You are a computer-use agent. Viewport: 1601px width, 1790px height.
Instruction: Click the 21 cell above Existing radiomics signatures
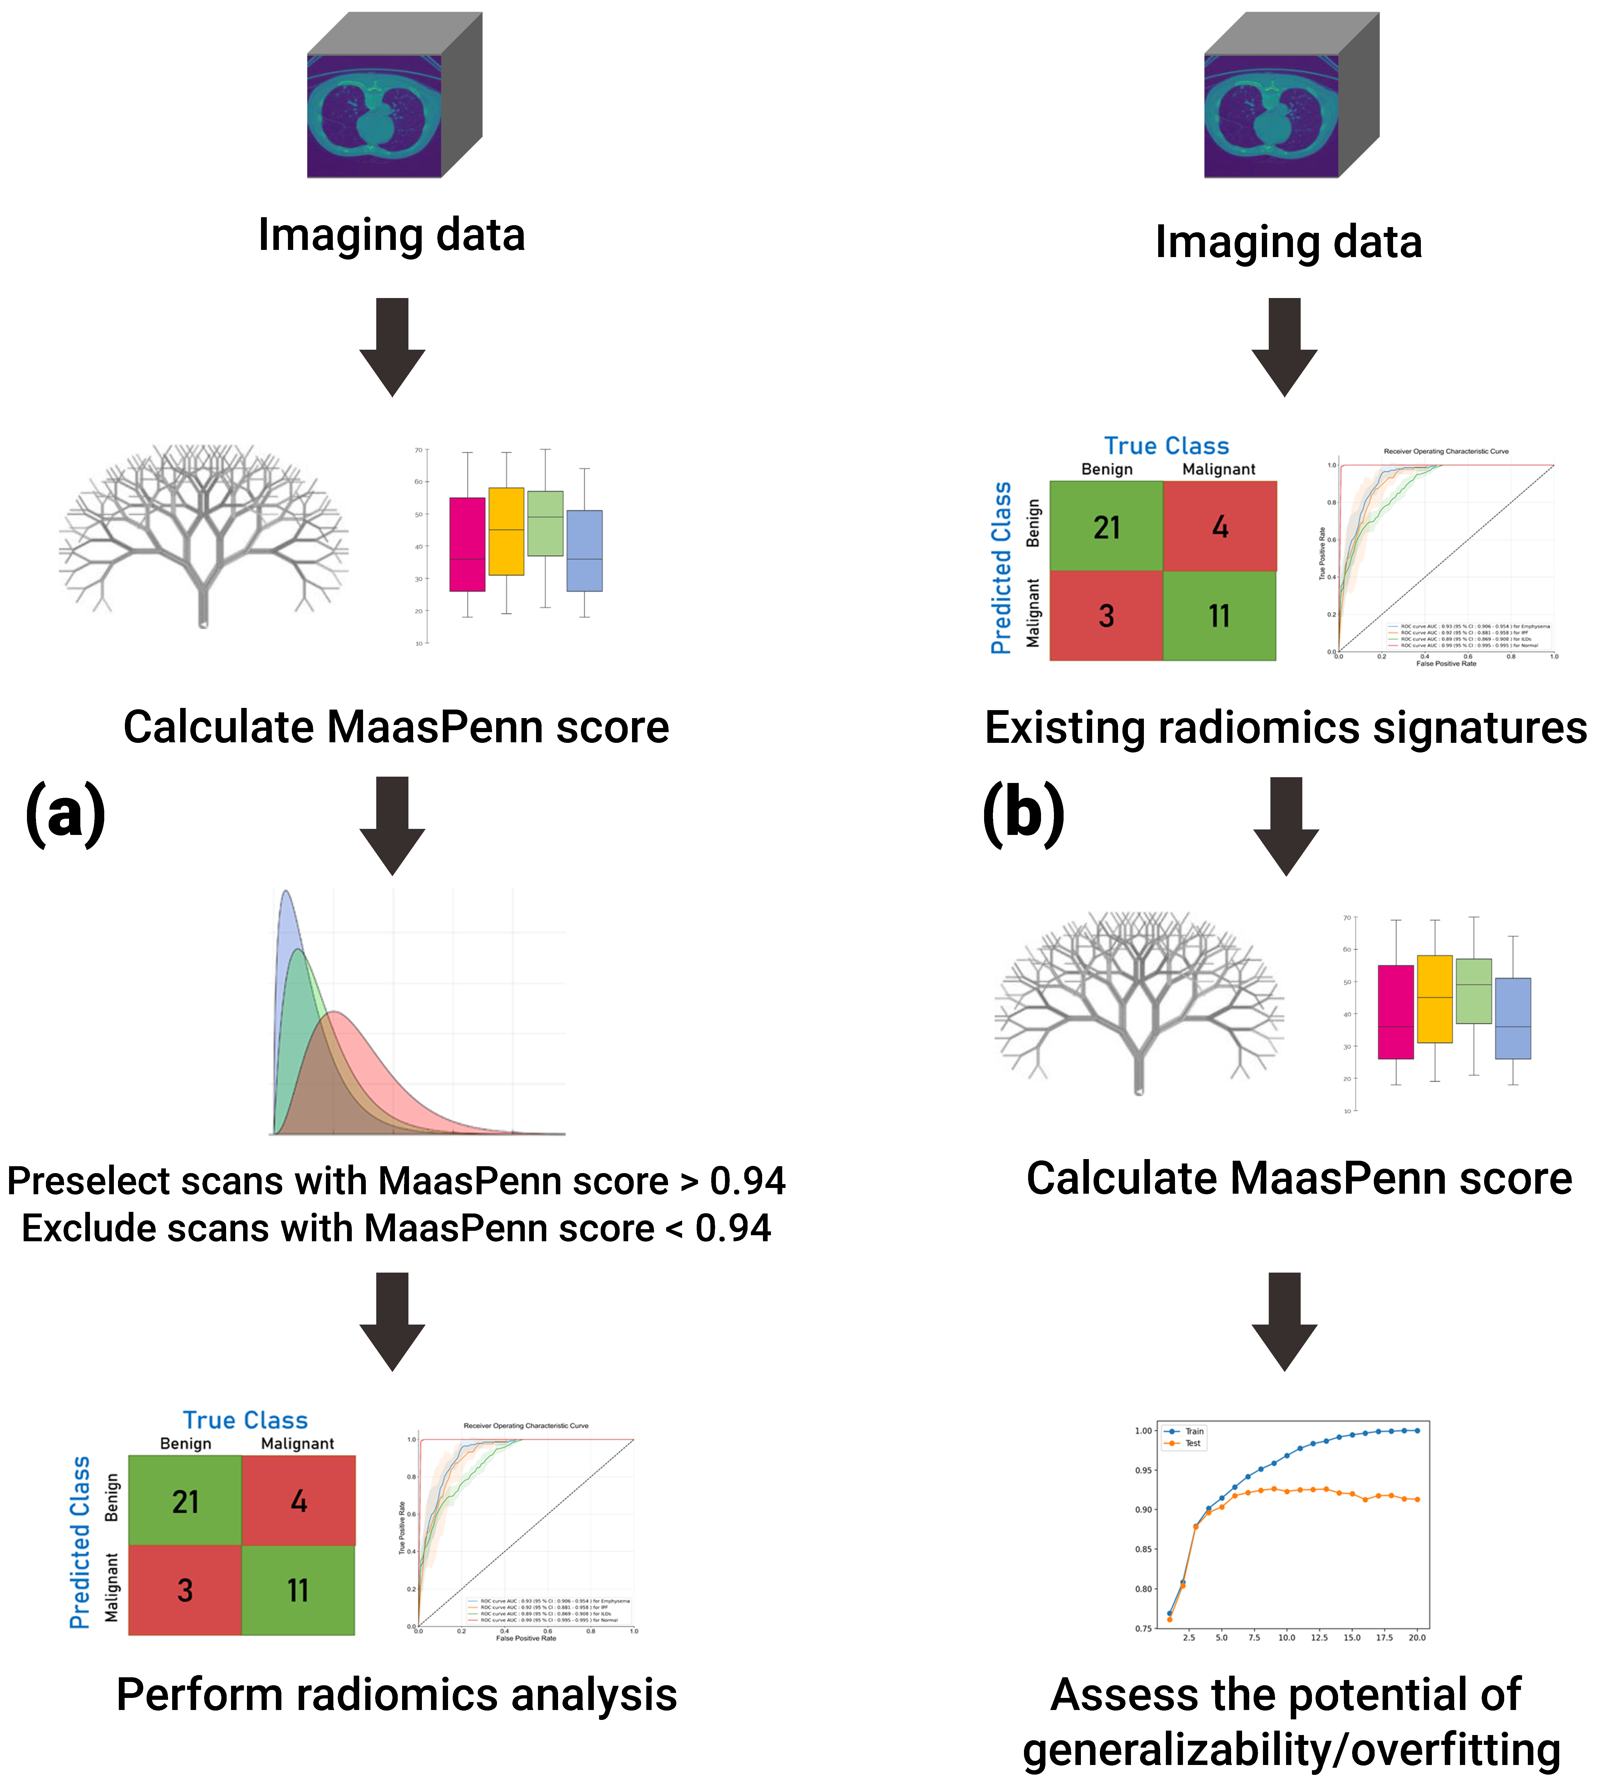(x=1107, y=528)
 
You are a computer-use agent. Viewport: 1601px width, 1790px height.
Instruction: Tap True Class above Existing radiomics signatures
(x=1166, y=446)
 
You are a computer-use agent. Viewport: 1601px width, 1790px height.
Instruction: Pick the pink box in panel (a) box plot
(x=467, y=544)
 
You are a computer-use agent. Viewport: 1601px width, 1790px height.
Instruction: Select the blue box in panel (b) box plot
(x=1513, y=1018)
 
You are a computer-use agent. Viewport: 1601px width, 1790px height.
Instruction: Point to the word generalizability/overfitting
(x=1291, y=1750)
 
